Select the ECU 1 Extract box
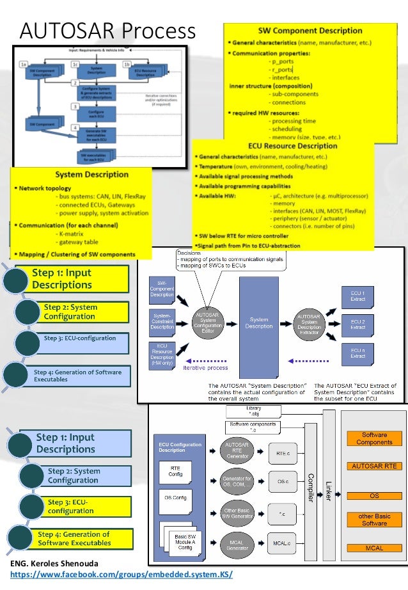pyautogui.click(x=357, y=296)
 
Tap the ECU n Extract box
pyautogui.click(x=357, y=352)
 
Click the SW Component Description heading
pyautogui.click(x=310, y=30)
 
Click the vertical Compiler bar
pyautogui.click(x=311, y=486)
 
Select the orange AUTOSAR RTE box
pyautogui.click(x=374, y=466)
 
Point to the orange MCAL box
pyautogui.click(x=374, y=548)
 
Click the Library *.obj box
pyautogui.click(x=253, y=411)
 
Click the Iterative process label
pyautogui.click(x=205, y=368)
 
